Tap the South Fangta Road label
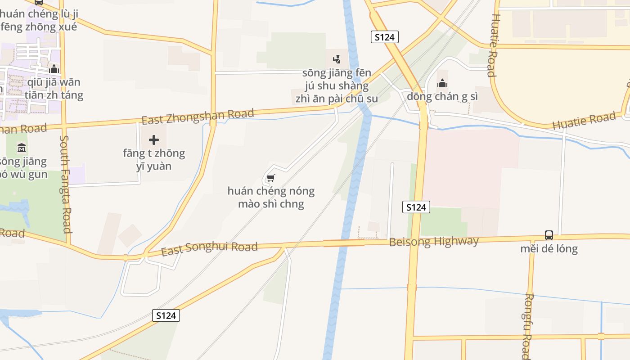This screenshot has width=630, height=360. tap(66, 184)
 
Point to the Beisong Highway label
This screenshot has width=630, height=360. tap(434, 242)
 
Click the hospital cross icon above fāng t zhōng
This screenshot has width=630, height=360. tap(154, 140)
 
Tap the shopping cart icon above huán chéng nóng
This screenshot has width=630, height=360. tap(270, 178)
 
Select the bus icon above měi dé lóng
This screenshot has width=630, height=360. tap(549, 235)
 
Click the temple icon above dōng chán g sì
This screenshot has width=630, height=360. tap(442, 83)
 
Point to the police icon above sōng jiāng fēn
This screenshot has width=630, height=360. tap(337, 59)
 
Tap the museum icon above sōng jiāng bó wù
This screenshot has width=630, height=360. tap(21, 148)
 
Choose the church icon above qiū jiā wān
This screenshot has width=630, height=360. tap(54, 69)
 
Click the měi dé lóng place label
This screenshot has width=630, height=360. tap(549, 249)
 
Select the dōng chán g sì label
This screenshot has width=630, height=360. tap(442, 96)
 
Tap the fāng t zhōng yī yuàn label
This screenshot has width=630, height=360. tap(154, 160)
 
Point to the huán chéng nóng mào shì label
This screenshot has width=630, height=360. tap(271, 198)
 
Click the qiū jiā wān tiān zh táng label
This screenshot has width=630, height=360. tap(54, 89)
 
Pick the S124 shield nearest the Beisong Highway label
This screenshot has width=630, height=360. tap(416, 207)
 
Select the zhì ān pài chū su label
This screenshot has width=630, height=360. tap(337, 99)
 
